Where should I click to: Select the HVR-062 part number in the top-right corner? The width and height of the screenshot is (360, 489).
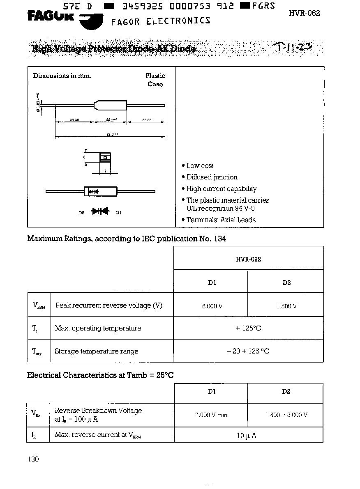[304, 13]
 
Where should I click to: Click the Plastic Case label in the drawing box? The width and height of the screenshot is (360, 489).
[155, 80]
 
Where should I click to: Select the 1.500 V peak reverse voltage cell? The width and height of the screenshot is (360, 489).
[286, 306]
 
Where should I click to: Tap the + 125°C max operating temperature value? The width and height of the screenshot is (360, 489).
[248, 328]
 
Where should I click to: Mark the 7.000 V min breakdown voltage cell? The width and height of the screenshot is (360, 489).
[211, 415]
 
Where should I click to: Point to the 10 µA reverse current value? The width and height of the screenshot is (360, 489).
[247, 436]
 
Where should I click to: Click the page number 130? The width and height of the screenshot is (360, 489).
[34, 459]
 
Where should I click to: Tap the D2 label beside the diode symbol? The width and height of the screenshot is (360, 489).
[81, 213]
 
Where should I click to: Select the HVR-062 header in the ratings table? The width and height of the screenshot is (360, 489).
[249, 259]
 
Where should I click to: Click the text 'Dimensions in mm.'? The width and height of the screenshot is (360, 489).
[62, 76]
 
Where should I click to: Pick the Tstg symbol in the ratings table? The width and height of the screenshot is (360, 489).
[37, 351]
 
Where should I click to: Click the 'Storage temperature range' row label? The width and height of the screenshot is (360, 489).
[97, 351]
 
